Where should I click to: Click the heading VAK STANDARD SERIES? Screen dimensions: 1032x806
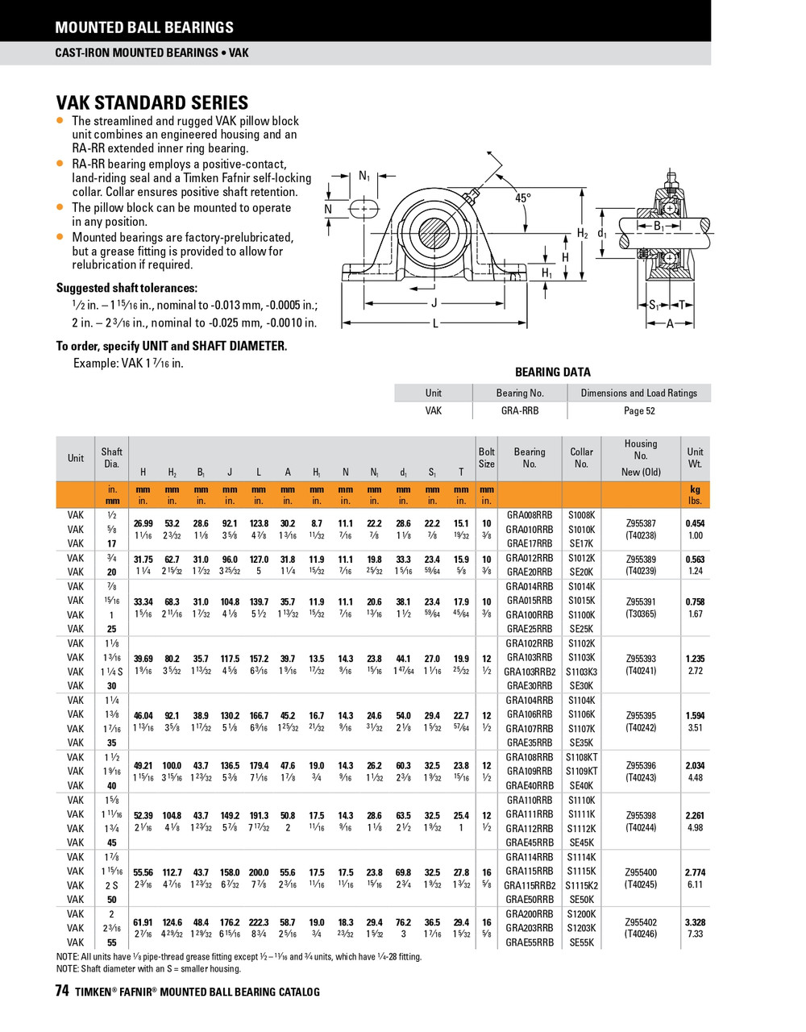point(152,102)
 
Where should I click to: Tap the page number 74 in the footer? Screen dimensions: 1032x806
point(62,992)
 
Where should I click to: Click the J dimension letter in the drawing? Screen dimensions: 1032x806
point(434,303)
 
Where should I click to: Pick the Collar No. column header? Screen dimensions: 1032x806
point(581,458)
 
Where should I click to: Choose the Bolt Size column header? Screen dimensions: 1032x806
point(487,458)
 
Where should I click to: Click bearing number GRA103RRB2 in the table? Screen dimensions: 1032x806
point(530,672)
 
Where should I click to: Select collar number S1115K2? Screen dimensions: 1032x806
point(581,885)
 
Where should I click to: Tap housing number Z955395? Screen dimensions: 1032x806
point(641,715)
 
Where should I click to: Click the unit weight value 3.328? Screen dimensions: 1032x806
point(695,922)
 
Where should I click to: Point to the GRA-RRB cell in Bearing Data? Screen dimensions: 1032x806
point(519,410)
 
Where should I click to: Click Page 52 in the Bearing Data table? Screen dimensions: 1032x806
point(639,410)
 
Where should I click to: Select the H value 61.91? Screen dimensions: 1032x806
point(143,922)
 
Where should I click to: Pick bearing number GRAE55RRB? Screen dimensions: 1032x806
point(530,943)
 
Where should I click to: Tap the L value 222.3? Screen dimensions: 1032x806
point(259,922)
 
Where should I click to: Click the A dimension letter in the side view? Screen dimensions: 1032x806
point(670,323)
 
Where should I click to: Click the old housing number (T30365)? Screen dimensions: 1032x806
point(641,614)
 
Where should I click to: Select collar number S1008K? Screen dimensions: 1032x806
point(581,514)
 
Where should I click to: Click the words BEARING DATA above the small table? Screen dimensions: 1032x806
point(552,372)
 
